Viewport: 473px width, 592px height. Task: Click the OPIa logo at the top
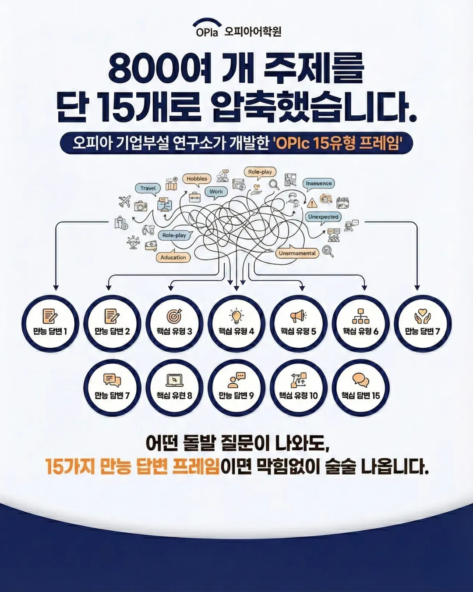pyautogui.click(x=207, y=29)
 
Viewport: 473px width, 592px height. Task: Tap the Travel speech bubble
pyautogui.click(x=148, y=189)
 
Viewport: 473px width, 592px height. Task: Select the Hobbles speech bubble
pyautogui.click(x=197, y=179)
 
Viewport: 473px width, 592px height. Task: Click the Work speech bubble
pyautogui.click(x=216, y=192)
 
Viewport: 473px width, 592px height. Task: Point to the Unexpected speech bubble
pyautogui.click(x=323, y=217)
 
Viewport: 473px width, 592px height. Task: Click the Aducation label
pyautogui.click(x=173, y=257)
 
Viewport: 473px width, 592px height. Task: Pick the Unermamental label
pyautogui.click(x=297, y=253)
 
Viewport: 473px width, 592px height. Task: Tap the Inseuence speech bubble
pyautogui.click(x=318, y=184)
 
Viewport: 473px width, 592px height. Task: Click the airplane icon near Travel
pyautogui.click(x=125, y=202)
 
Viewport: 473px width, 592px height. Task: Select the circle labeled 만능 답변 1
pyautogui.click(x=50, y=324)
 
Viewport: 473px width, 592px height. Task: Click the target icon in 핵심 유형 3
pyautogui.click(x=174, y=316)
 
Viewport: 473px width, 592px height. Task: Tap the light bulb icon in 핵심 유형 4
pyautogui.click(x=236, y=315)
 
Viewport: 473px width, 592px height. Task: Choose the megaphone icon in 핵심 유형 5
pyautogui.click(x=298, y=316)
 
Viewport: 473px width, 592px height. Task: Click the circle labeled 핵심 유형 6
pyautogui.click(x=360, y=324)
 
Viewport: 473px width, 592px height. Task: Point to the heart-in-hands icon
pyautogui.click(x=423, y=316)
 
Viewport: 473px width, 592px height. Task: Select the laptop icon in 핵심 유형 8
pyautogui.click(x=174, y=380)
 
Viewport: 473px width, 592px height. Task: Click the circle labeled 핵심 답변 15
pyautogui.click(x=360, y=388)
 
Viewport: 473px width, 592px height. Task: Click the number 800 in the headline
pyautogui.click(x=140, y=69)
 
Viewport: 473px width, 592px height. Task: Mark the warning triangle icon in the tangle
pyautogui.click(x=312, y=203)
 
